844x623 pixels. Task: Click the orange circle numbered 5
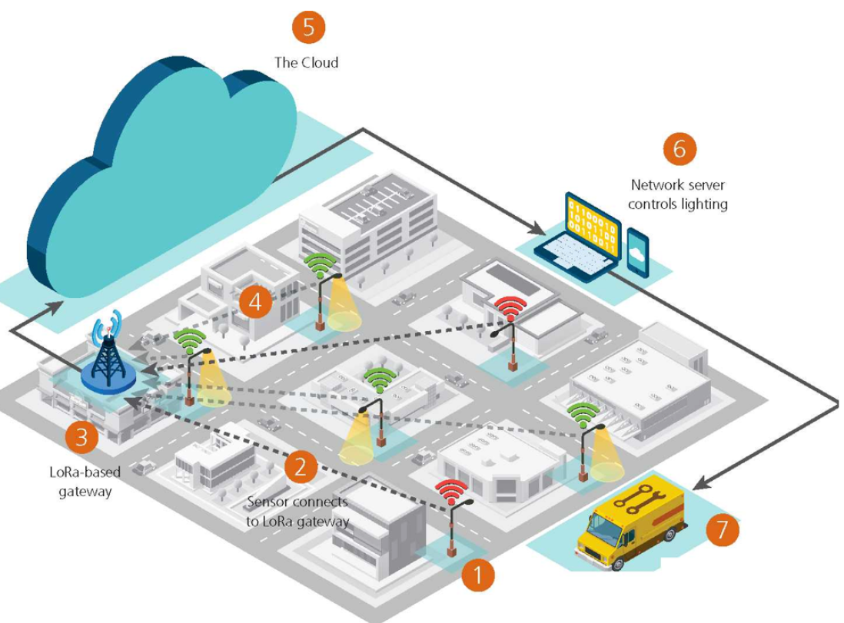tap(308, 28)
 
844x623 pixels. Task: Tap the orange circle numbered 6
tap(679, 148)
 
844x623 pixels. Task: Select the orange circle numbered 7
tap(722, 529)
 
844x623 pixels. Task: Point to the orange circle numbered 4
tap(255, 303)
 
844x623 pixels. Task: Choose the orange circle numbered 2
tap(301, 466)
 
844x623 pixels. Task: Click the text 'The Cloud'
tap(306, 63)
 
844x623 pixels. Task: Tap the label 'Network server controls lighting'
tap(678, 194)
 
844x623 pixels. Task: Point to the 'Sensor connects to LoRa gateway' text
tap(298, 512)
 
